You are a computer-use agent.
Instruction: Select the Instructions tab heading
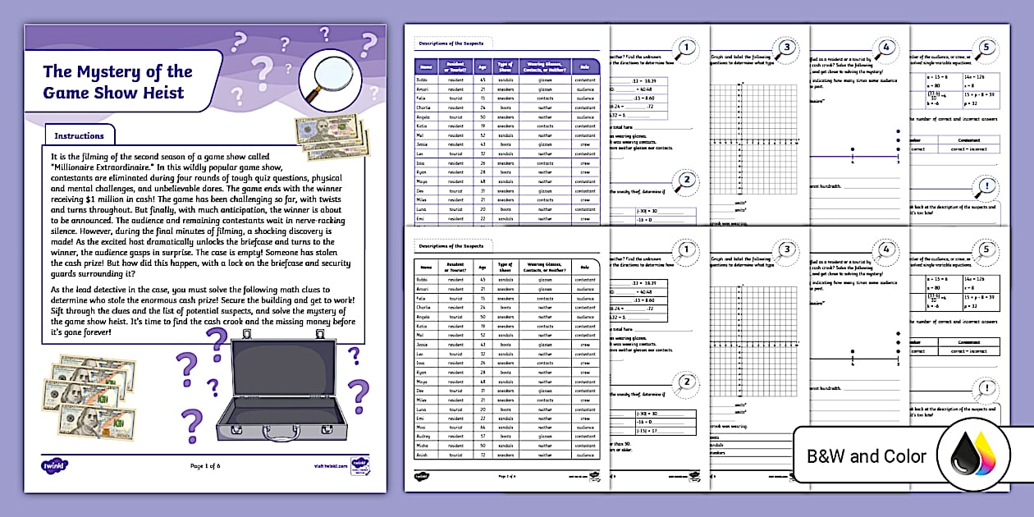pyautogui.click(x=79, y=135)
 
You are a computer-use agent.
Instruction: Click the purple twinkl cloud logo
pyautogui.click(x=51, y=465)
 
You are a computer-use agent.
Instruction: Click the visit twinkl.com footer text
pyautogui.click(x=325, y=466)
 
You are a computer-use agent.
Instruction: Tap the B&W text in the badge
pyautogui.click(x=830, y=456)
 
